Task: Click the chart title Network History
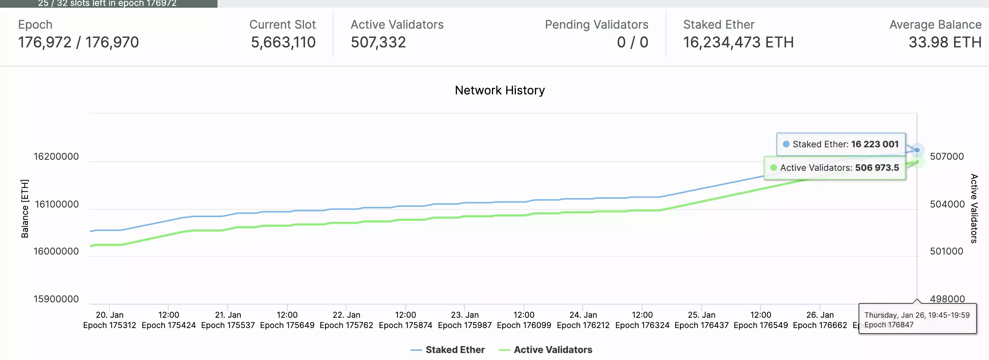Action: click(x=500, y=90)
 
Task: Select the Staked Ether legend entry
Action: click(x=454, y=350)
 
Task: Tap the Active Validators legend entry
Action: click(x=553, y=350)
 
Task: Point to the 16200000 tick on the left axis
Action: click(x=56, y=156)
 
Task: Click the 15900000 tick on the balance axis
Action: click(x=56, y=299)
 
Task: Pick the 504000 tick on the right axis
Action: click(x=947, y=204)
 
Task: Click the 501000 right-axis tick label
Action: click(x=946, y=251)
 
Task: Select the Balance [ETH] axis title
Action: click(x=25, y=209)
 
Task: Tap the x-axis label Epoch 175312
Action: click(x=109, y=325)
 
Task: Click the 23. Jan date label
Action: click(x=464, y=315)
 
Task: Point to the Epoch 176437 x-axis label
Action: click(x=701, y=325)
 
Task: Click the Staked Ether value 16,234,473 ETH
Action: click(x=738, y=42)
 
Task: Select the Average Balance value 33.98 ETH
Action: click(x=945, y=42)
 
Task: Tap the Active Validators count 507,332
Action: click(x=378, y=42)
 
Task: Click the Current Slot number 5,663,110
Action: click(x=283, y=42)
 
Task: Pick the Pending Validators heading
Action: click(x=596, y=25)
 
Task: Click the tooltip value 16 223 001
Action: click(x=875, y=144)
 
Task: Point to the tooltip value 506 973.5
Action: click(x=877, y=168)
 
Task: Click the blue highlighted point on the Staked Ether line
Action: click(x=917, y=150)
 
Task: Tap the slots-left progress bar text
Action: click(x=107, y=3)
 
